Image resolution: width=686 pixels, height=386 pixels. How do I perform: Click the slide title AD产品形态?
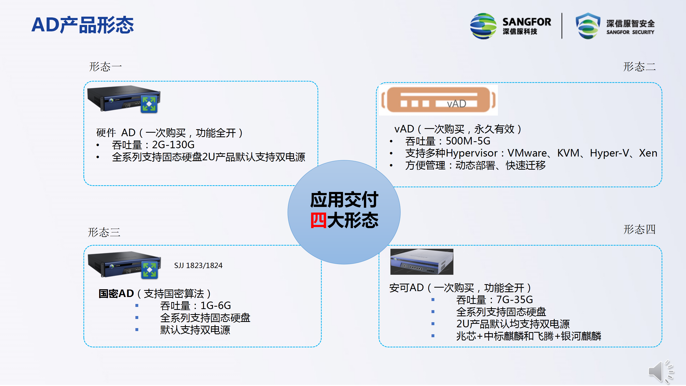click(83, 25)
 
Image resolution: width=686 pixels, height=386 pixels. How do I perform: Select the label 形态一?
click(105, 66)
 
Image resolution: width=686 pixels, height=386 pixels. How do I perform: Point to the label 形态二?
click(639, 66)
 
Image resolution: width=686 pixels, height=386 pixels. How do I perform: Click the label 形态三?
click(104, 232)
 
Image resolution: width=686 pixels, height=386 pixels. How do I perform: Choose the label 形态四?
click(639, 229)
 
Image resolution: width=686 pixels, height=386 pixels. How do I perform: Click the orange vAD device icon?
click(438, 100)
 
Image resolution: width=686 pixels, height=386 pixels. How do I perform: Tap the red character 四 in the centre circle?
click(319, 220)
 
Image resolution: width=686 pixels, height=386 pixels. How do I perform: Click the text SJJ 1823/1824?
click(198, 265)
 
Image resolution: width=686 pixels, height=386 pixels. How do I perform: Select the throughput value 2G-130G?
click(173, 145)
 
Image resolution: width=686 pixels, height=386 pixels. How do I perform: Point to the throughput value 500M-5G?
click(468, 141)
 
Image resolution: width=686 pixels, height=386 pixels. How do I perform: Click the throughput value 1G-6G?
click(216, 306)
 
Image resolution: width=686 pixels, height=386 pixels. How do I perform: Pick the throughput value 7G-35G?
click(514, 299)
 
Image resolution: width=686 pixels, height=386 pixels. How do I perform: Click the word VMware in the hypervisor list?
click(527, 153)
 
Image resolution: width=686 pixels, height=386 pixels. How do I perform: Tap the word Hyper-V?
click(609, 153)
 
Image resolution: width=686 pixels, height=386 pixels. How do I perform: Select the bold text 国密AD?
click(116, 294)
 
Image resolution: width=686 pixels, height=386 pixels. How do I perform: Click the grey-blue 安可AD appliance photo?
click(422, 262)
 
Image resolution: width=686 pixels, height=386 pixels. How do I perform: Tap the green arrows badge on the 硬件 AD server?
click(149, 104)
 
